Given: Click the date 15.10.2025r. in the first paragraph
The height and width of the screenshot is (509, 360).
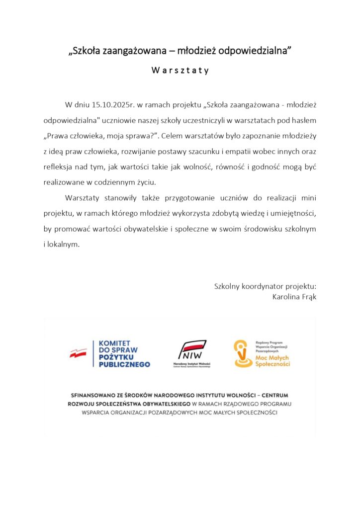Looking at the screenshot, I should [x=114, y=105].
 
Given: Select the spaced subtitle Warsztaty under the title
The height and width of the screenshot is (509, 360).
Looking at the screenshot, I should [x=180, y=70].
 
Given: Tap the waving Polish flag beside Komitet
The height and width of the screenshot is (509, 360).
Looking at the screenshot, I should [x=78, y=353].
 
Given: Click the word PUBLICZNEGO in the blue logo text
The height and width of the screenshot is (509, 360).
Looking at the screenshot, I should [x=124, y=364].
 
